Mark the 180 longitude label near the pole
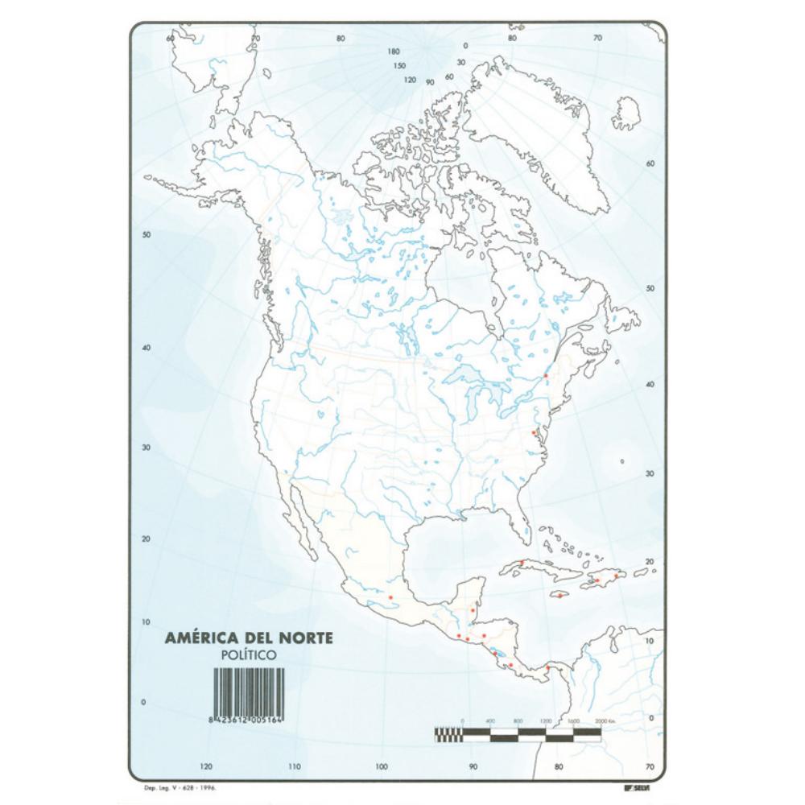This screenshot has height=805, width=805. [x=394, y=51]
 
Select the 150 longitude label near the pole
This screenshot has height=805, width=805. [x=399, y=66]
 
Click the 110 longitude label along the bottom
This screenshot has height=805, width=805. [x=294, y=766]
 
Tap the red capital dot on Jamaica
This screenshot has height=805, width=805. [x=559, y=596]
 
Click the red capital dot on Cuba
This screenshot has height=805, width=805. [x=522, y=562]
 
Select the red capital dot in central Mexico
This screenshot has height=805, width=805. [x=390, y=597]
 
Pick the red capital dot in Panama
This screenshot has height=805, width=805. [x=547, y=667]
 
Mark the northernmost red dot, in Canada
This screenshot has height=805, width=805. [x=546, y=375]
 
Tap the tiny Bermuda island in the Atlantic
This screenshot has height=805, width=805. [x=622, y=461]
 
